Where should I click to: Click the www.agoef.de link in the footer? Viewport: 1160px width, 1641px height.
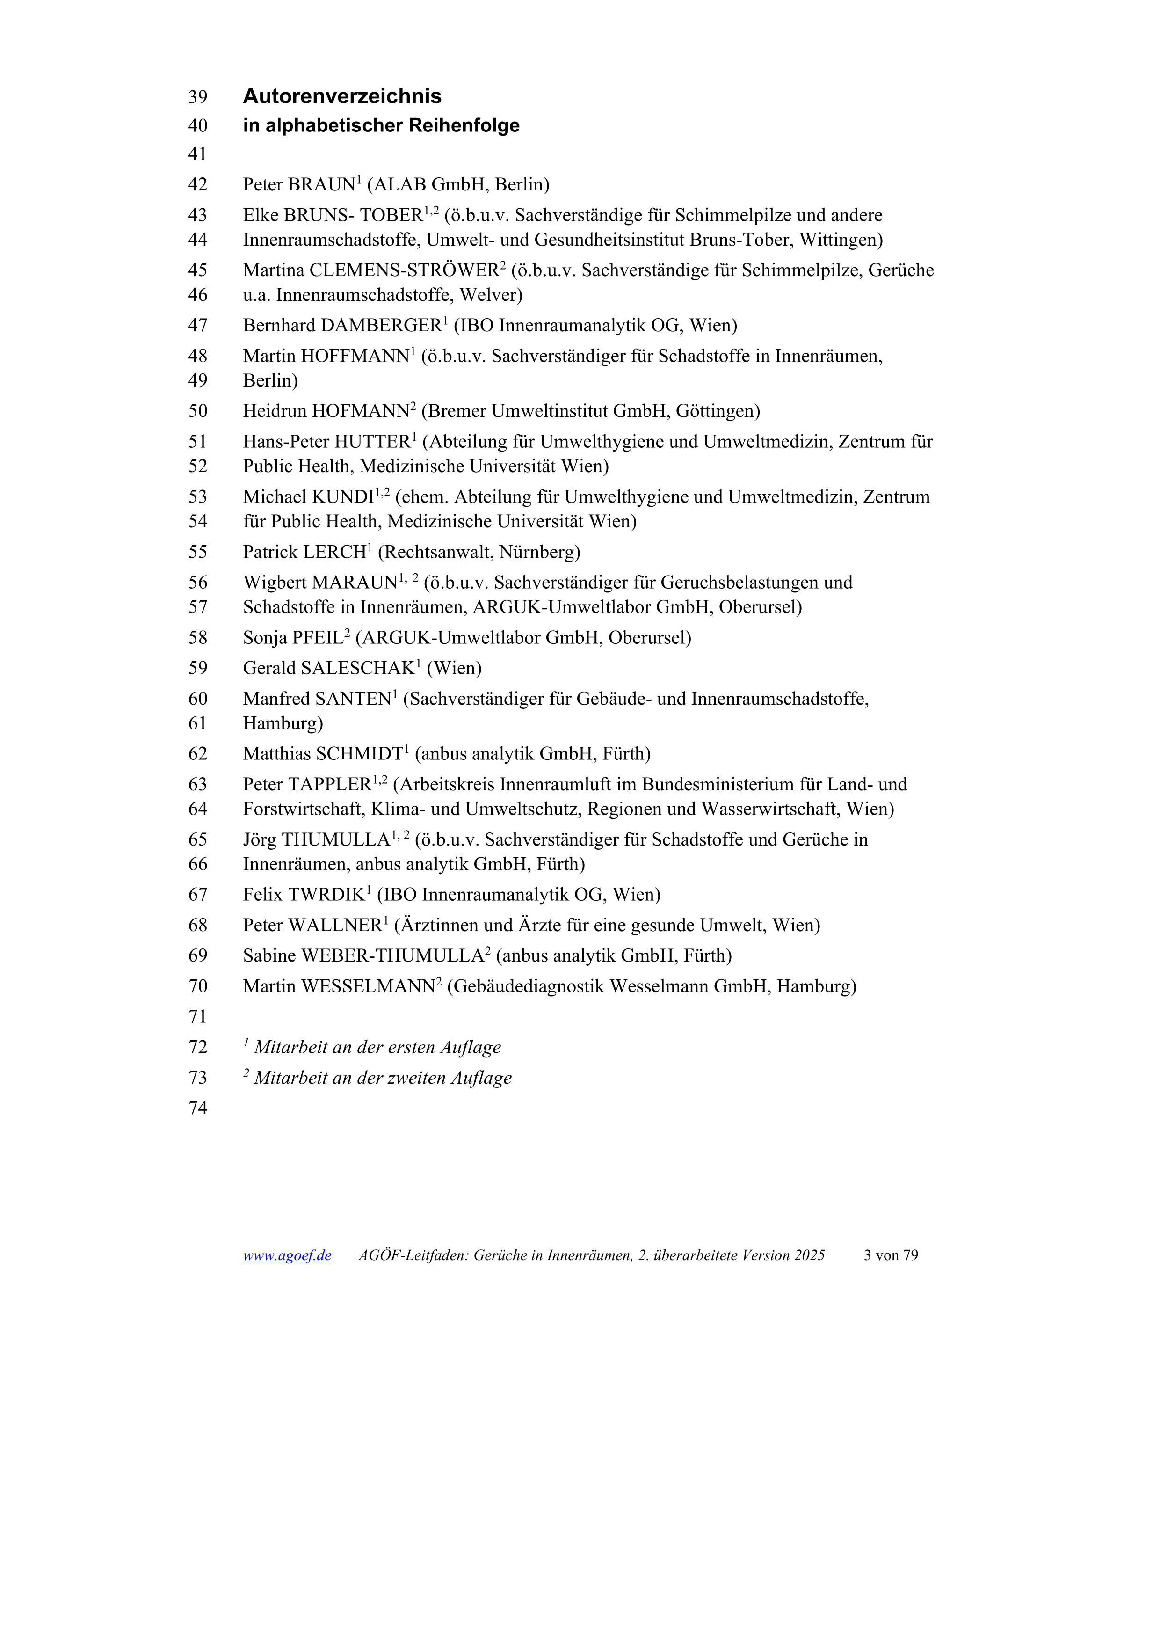287,1255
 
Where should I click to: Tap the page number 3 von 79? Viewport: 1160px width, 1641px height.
890,1255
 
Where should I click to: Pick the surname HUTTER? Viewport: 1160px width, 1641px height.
371,442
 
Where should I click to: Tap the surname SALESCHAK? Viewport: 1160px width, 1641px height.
358,668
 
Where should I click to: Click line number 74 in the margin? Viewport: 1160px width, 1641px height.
198,1108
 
